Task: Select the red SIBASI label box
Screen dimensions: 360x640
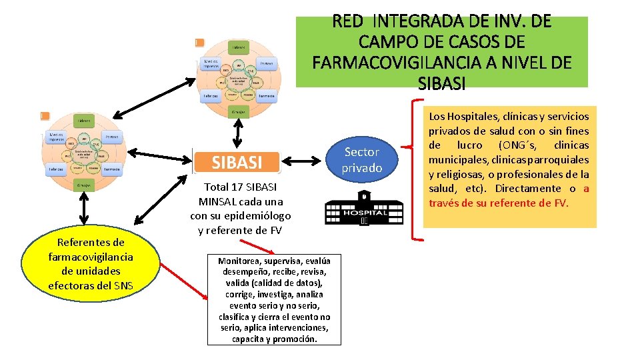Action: point(236,162)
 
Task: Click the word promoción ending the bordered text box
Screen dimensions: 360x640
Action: point(297,339)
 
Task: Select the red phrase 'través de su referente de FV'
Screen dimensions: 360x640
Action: point(499,203)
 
